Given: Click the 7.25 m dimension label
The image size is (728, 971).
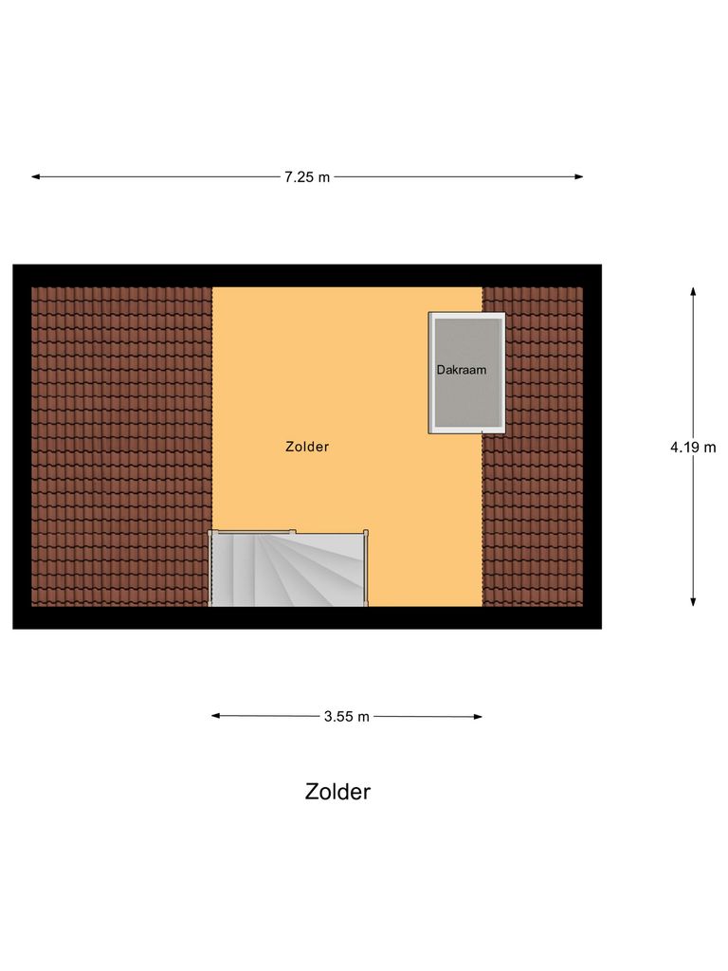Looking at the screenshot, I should tap(307, 177).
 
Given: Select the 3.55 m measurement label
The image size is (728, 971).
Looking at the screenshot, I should tap(346, 717).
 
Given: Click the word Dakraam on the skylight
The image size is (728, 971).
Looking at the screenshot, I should tap(462, 370).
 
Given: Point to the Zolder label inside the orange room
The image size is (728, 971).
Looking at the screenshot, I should tap(307, 447).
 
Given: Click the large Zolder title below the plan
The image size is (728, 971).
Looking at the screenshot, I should tap(337, 792).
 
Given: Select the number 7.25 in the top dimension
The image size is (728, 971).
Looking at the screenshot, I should tap(298, 177).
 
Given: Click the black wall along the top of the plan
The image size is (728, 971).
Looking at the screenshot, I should tap(307, 275).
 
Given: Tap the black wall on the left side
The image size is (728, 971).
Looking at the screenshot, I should tap(22, 446).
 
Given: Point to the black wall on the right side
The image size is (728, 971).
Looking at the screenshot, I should tap(592, 446).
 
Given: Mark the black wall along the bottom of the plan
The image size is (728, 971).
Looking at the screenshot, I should tap(307, 617).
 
